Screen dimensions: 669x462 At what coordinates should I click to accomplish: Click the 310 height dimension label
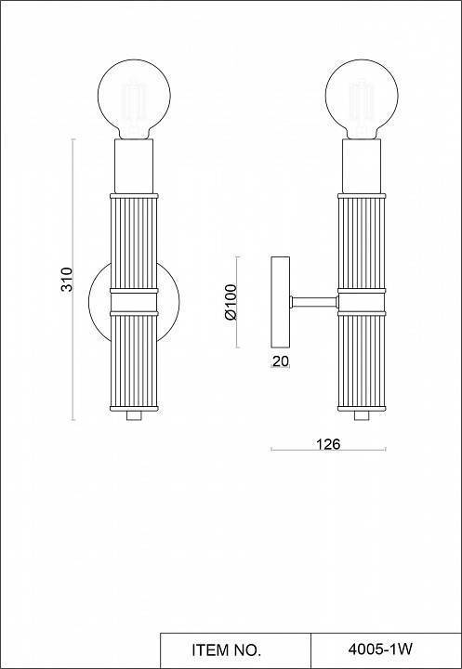coord(66,280)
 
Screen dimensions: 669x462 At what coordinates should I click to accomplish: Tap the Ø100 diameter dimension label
coord(231,302)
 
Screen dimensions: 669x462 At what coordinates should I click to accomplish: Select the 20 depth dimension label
coord(280,362)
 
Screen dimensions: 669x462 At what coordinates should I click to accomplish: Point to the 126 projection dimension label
coord(328,444)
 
